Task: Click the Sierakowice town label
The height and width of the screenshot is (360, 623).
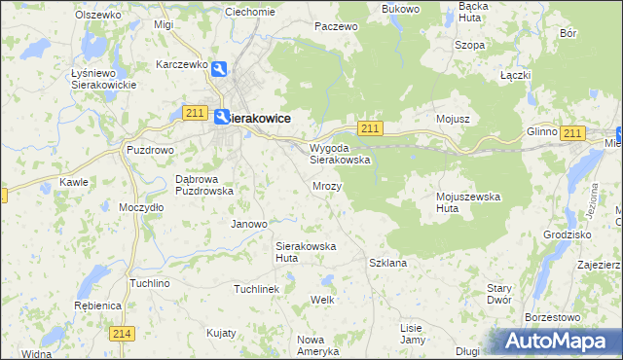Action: [260, 118]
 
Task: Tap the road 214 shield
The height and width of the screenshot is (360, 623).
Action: [121, 334]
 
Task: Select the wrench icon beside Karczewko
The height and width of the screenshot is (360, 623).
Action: [220, 68]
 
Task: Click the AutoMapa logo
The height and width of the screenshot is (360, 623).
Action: [560, 342]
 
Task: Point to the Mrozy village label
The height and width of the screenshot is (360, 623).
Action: [326, 185]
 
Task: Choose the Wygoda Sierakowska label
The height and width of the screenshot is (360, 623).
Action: [340, 154]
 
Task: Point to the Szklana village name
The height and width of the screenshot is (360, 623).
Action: [387, 263]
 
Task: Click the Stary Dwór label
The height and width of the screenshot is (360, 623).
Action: [499, 295]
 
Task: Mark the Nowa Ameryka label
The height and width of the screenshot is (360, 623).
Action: [316, 344]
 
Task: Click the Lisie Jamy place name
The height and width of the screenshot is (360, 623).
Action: [413, 334]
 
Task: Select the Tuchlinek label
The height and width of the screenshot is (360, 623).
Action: [256, 289]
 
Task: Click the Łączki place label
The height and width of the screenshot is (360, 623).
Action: [514, 75]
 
